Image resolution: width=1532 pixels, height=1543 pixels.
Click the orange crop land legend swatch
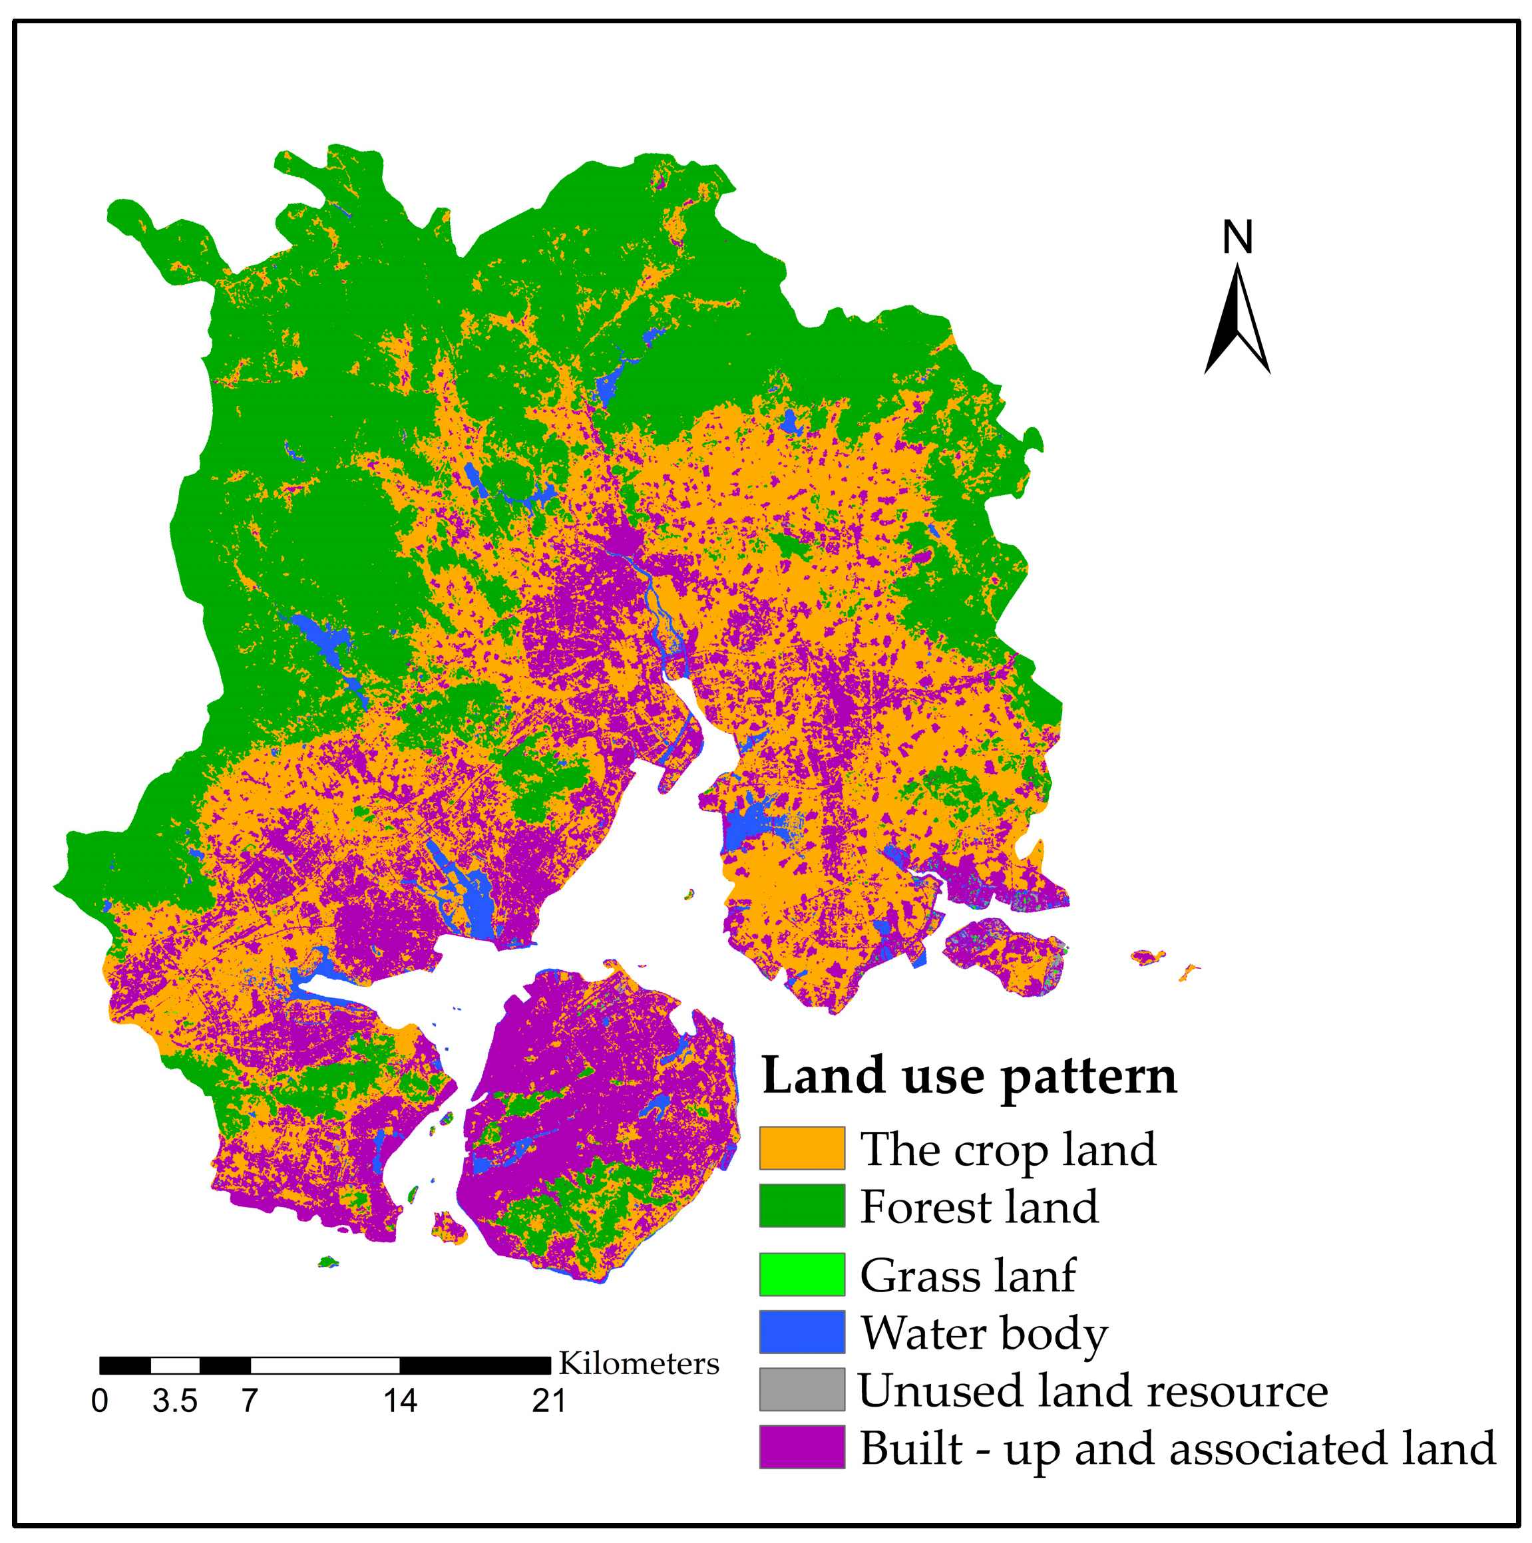point(801,1148)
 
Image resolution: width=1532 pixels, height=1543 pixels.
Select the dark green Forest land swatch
point(801,1206)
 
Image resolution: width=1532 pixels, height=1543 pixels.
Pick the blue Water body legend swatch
point(801,1332)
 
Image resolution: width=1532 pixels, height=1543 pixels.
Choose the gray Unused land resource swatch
point(801,1390)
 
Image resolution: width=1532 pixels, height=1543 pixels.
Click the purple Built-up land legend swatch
point(801,1447)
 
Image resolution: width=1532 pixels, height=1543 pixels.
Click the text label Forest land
point(978,1206)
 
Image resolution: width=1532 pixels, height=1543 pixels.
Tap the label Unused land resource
point(1093,1391)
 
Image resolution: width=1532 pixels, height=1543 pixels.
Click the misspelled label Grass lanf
point(967,1276)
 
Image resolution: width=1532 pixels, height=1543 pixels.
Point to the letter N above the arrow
point(1237,237)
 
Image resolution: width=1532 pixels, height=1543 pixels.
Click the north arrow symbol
point(1237,319)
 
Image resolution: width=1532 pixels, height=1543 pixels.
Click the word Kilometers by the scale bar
point(639,1363)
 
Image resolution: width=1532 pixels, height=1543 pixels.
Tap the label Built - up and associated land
point(1177,1448)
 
